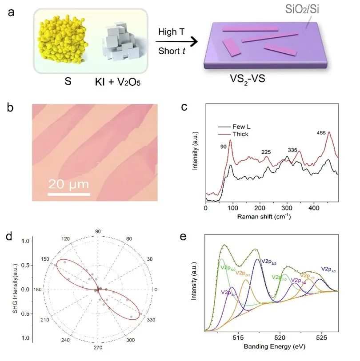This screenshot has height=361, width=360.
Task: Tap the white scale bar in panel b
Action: point(69,194)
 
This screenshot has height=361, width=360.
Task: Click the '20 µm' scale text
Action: point(68,183)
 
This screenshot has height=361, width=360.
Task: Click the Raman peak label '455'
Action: point(322,133)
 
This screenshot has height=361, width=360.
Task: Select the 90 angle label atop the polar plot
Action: point(98,231)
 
